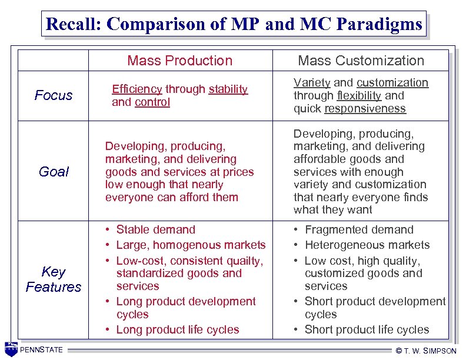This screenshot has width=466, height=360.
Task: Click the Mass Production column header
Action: click(179, 61)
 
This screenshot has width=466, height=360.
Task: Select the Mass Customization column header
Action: click(361, 61)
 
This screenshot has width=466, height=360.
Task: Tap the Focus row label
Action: click(54, 95)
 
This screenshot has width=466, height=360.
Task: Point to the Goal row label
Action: click(54, 172)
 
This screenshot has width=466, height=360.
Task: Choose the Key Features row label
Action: click(54, 279)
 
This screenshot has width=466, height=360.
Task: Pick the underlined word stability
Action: click(228, 89)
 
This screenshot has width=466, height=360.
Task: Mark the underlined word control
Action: click(152, 102)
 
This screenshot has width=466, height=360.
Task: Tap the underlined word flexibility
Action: click(360, 95)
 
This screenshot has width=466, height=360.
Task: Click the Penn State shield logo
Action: click(11, 349)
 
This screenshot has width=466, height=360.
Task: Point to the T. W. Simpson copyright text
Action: click(426, 351)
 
